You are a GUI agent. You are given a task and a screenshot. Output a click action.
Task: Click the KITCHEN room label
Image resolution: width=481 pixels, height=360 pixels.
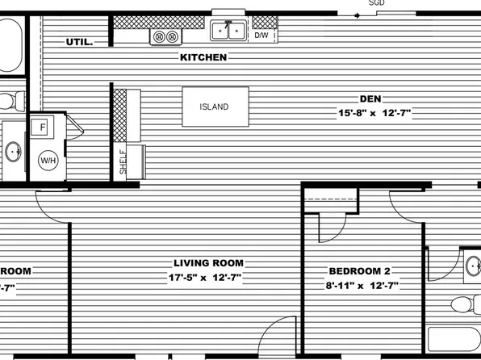tap(203, 57)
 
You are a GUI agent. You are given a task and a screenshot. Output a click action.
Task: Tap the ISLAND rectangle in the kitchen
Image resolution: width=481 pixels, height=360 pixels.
tap(214, 107)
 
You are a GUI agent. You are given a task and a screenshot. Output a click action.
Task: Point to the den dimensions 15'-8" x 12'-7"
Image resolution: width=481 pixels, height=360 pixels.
tap(374, 114)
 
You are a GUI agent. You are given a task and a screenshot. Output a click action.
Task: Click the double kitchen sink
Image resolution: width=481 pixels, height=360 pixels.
tap(228, 31)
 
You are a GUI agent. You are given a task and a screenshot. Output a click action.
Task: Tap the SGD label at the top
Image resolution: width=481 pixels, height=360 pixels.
tap(376, 3)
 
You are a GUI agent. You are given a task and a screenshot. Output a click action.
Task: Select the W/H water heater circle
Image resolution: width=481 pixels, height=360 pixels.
tap(48, 160)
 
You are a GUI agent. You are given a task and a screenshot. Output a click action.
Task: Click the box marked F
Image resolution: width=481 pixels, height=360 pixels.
tap(41, 128)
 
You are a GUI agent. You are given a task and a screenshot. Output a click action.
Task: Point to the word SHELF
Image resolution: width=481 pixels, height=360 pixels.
tap(123, 161)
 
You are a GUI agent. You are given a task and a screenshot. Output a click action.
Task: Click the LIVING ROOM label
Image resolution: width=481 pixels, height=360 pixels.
tap(209, 263)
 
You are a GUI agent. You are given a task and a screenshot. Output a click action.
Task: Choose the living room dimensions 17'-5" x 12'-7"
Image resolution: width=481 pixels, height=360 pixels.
tap(205, 278)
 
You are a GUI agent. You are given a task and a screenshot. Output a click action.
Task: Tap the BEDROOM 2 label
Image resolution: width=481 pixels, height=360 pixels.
tap(363, 271)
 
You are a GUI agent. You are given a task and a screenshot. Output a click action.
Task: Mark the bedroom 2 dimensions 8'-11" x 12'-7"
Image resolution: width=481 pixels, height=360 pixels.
tap(363, 286)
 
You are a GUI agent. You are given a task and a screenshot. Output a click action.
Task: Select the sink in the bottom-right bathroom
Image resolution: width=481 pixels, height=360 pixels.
tap(473, 265)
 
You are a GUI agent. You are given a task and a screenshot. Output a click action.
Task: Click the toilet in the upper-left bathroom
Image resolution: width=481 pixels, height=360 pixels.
tap(8, 102)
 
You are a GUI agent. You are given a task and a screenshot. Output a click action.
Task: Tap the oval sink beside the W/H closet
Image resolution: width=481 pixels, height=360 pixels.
tap(13, 152)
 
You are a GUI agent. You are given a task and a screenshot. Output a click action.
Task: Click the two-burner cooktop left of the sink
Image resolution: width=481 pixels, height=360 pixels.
tap(165, 36)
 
